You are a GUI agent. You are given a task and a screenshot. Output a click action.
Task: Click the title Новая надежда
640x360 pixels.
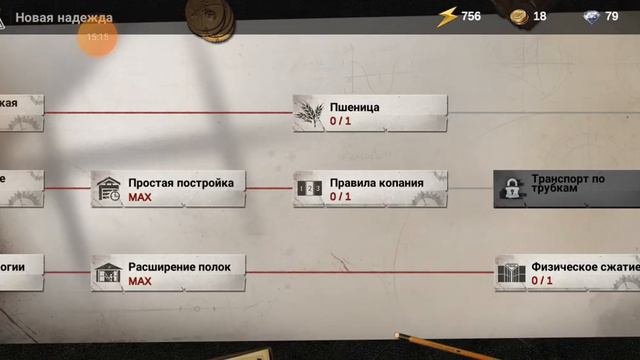coord(63,17)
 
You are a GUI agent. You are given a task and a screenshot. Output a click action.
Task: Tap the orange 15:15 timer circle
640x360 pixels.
coord(97,37)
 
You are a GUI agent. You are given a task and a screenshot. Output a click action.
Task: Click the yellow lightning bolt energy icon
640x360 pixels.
coord(447,16)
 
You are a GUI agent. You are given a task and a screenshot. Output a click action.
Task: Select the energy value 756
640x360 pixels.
coord(471,16)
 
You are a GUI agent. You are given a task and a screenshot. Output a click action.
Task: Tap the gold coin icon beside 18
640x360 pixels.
coord(518,16)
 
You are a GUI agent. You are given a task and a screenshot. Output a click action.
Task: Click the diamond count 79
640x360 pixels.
coord(612,16)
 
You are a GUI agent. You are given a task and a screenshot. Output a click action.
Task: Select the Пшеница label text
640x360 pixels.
coord(355,107)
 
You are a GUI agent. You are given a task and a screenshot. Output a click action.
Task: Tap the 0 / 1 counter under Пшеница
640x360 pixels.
coord(341,121)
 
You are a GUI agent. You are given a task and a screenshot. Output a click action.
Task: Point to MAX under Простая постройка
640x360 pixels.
coord(140,197)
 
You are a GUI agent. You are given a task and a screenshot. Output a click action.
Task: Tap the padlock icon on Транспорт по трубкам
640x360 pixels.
coord(511,188)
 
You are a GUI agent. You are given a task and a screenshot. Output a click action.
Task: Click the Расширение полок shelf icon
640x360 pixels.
coord(107,272)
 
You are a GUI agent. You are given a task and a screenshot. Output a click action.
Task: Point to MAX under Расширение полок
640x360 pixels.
coord(140,281)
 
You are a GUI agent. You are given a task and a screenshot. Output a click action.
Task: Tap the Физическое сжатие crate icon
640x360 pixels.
coord(511,273)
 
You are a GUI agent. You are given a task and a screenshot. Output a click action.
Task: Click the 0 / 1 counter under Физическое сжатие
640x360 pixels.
coord(542,281)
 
